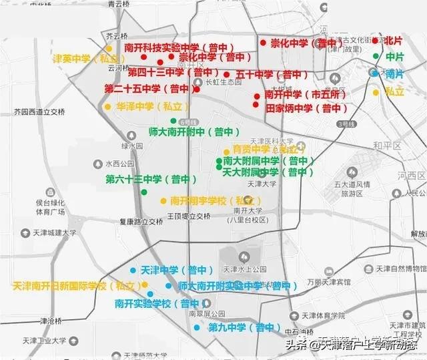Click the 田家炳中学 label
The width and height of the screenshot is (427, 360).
click(302, 108)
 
